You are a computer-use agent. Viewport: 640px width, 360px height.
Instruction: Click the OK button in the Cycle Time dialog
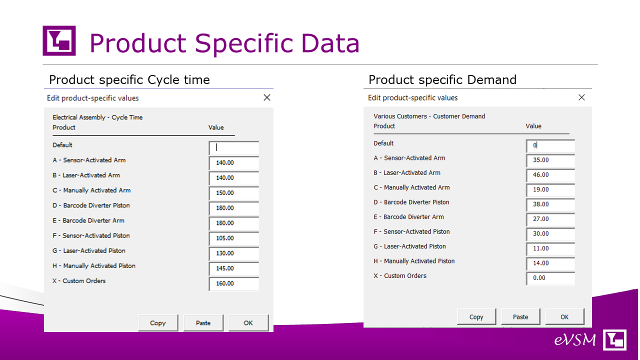pyautogui.click(x=248, y=323)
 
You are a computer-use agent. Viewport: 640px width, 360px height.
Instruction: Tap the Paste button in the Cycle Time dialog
pyautogui.click(x=203, y=323)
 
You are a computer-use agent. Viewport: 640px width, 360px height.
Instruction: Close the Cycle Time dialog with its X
pyautogui.click(x=267, y=97)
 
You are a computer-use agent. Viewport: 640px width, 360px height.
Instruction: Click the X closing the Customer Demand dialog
pyautogui.click(x=581, y=97)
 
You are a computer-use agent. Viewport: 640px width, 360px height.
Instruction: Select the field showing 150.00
pyautogui.click(x=233, y=193)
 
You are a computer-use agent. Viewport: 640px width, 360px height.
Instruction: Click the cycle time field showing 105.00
pyautogui.click(x=233, y=238)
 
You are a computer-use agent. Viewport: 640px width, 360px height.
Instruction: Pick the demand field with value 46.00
pyautogui.click(x=550, y=175)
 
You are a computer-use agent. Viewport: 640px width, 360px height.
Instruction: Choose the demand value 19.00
pyautogui.click(x=550, y=189)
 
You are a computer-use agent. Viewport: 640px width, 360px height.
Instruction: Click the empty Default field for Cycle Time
pyautogui.click(x=233, y=147)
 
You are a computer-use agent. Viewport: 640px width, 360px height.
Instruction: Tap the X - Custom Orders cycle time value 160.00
pyautogui.click(x=233, y=283)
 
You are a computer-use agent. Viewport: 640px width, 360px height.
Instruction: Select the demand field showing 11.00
pyautogui.click(x=550, y=248)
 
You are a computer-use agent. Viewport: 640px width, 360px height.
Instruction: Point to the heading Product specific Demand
pyautogui.click(x=442, y=79)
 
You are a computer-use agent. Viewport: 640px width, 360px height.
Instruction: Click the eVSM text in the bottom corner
pyautogui.click(x=575, y=340)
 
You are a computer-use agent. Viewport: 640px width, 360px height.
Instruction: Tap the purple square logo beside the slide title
pyautogui.click(x=59, y=40)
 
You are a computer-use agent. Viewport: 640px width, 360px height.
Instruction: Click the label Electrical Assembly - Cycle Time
pyautogui.click(x=97, y=117)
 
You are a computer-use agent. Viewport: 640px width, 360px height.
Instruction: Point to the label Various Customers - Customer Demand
pyautogui.click(x=429, y=116)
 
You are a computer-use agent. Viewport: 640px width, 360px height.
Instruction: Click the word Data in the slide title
pyautogui.click(x=330, y=43)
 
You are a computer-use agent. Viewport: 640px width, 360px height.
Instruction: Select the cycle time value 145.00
pyautogui.click(x=233, y=268)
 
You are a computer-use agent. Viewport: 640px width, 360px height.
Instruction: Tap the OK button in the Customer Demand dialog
pyautogui.click(x=564, y=317)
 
